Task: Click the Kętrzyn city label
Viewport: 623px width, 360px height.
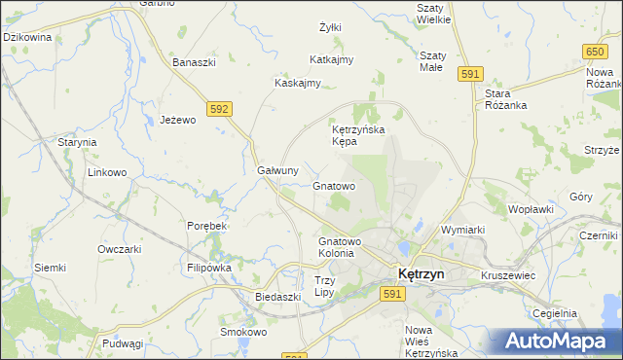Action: [420, 274]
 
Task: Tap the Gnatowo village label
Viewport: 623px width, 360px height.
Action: [334, 185]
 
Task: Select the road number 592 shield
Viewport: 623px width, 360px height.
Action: [219, 109]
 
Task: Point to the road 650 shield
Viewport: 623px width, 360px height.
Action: [595, 50]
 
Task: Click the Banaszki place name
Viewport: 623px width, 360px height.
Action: [194, 63]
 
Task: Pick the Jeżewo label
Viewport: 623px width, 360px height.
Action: [178, 120]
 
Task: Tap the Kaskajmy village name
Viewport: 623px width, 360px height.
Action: [298, 83]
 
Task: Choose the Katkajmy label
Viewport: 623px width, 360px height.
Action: [331, 59]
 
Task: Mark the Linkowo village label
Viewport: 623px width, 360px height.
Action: [108, 173]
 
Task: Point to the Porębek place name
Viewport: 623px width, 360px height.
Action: [206, 226]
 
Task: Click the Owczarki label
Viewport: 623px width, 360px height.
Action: [120, 249]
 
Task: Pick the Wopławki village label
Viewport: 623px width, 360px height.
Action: [531, 209]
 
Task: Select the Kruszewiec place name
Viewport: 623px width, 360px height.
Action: [508, 276]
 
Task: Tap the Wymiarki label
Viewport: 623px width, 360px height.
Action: [462, 230]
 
